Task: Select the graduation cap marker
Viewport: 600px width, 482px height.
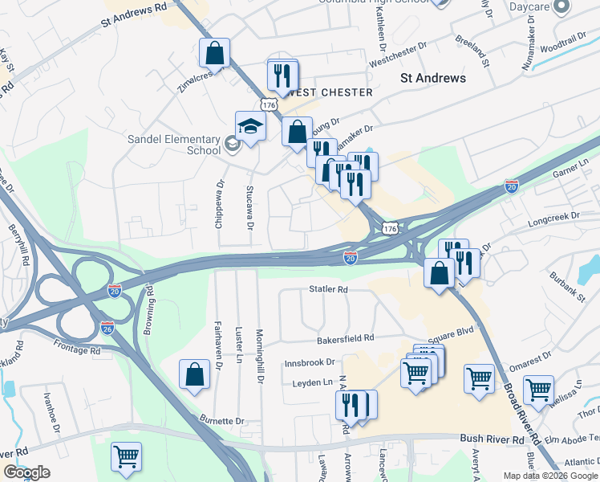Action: pos(250,127)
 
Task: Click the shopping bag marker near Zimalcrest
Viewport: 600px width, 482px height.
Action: pos(214,53)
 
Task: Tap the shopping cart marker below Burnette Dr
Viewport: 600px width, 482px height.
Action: pos(126,456)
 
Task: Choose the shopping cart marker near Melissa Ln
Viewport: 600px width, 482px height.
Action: pos(538,390)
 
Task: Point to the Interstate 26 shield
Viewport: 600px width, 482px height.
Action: pos(108,327)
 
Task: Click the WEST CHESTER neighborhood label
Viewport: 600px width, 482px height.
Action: pos(330,92)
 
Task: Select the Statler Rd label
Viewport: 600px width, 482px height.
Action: pos(329,289)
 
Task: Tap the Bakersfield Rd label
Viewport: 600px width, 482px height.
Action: pos(346,339)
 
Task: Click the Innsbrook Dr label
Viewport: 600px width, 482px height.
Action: pos(309,363)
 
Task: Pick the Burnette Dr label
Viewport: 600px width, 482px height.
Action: pos(222,420)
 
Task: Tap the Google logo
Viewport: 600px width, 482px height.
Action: pos(26,473)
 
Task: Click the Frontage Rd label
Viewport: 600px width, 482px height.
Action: pos(79,351)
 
